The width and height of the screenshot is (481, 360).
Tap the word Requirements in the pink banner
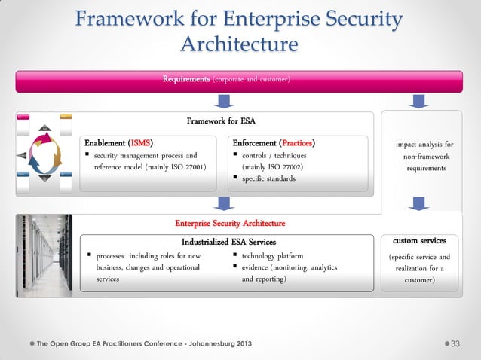[187, 79]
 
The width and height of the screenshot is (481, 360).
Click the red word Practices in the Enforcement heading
[296, 143]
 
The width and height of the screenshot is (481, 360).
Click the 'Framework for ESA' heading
[224, 121]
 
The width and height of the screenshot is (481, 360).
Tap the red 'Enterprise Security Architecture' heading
[230, 223]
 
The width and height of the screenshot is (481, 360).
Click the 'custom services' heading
[419, 241]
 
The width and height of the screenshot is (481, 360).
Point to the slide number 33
[455, 344]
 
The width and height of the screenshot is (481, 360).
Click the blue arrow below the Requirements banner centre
[223, 101]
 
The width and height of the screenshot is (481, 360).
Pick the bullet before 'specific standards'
[235, 179]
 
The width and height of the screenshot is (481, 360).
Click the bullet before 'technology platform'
[235, 256]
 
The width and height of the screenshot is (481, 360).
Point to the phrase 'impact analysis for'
[424, 144]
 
